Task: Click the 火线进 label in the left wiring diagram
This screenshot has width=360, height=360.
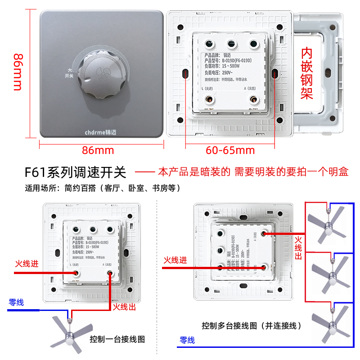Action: click(x=27, y=264)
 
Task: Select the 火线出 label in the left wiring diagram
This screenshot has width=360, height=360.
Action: click(x=124, y=307)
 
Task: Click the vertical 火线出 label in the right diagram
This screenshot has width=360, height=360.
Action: click(x=298, y=247)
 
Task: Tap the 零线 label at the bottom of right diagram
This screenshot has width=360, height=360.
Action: click(x=187, y=340)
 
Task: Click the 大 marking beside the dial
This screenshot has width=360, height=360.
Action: click(x=69, y=70)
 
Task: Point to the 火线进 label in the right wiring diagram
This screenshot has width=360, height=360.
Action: click(x=175, y=260)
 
